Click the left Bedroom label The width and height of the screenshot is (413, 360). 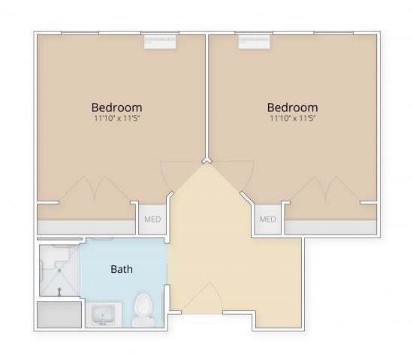coord(116,107)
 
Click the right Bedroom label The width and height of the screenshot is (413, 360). coord(292,107)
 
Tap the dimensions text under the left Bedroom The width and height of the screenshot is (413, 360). coord(116,119)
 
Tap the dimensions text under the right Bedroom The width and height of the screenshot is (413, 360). coord(292,119)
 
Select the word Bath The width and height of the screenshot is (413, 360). coord(122,269)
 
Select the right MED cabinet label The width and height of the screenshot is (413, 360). coord(267,219)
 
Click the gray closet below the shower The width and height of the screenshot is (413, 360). coord(59,314)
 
